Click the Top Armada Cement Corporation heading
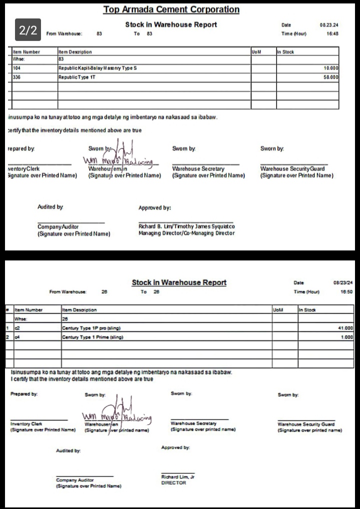[171, 9]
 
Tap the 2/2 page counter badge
[28, 30]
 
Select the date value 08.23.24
[329, 24]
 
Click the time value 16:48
[332, 33]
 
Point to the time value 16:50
[346, 291]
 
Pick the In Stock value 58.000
[330, 77]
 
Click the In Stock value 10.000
[330, 68]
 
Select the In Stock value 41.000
[345, 328]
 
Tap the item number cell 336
[17, 77]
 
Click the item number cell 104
[17, 68]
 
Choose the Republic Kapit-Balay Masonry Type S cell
[97, 68]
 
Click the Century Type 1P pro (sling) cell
[91, 328]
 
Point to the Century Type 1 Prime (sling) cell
[92, 337]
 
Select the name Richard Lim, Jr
[177, 477]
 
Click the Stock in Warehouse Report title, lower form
[179, 282]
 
